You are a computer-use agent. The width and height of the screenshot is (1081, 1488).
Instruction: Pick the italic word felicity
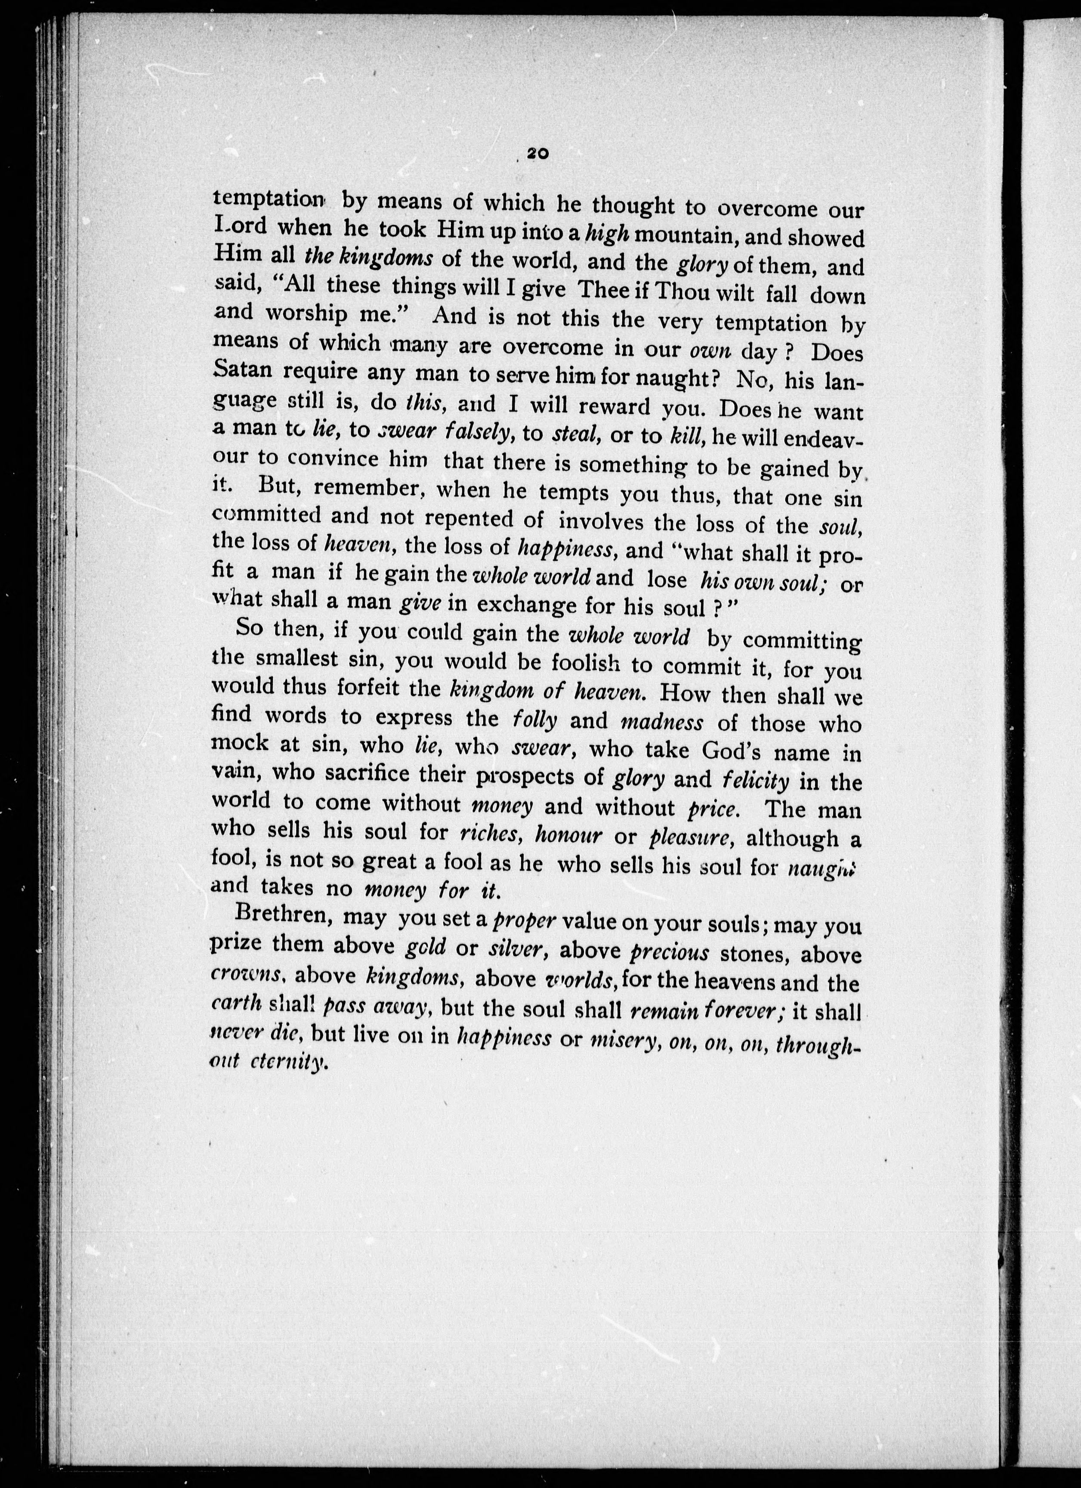(x=755, y=781)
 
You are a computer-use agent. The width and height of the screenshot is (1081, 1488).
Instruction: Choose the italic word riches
(x=491, y=834)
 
